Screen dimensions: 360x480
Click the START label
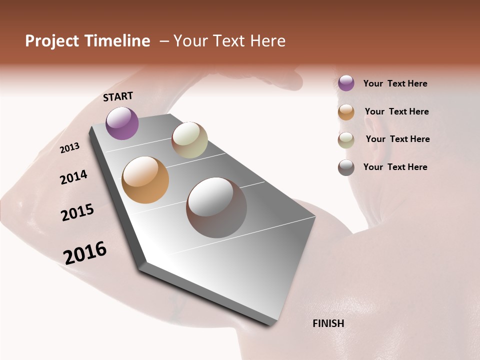click(118, 96)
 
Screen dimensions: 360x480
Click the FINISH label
click(328, 323)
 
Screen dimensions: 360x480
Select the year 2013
click(69, 148)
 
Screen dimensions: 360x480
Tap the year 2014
click(73, 177)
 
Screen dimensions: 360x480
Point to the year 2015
click(77, 212)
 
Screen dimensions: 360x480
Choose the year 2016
click(85, 253)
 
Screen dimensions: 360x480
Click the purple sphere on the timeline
click(122, 123)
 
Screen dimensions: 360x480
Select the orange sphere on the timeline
click(145, 180)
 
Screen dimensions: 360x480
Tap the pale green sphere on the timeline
click(189, 140)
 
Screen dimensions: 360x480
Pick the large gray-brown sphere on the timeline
click(216, 207)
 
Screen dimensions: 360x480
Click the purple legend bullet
click(346, 83)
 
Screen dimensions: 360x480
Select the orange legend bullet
click(346, 112)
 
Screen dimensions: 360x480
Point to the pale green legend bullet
click(346, 140)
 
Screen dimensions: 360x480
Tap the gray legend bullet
click(346, 167)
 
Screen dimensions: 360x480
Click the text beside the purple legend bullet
click(395, 83)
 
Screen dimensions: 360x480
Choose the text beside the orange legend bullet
click(396, 111)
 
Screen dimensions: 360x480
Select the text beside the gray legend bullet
click(395, 167)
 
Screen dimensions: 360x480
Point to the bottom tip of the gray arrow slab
click(270, 325)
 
